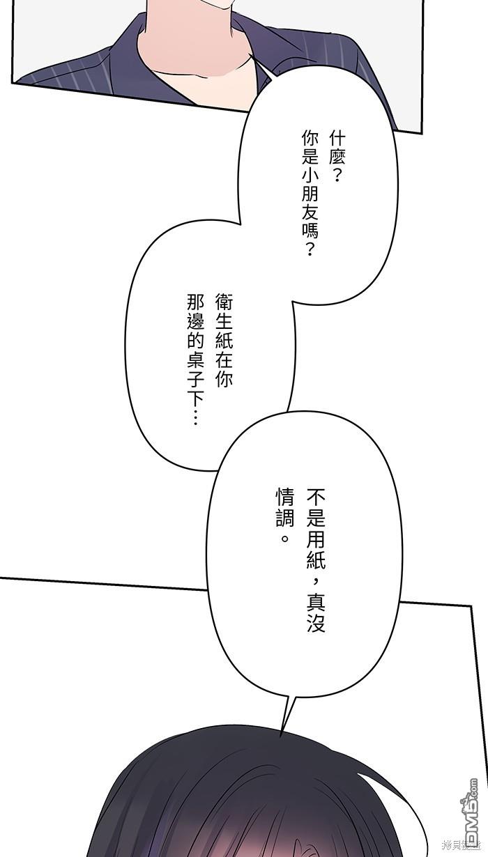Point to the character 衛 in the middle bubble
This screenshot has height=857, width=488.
(224, 302)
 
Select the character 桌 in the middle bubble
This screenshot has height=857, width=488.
(195, 360)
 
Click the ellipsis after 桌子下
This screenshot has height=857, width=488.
(195, 418)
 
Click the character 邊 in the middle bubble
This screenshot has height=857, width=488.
(195, 322)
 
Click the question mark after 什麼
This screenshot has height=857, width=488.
(337, 176)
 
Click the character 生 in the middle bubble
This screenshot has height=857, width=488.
(224, 322)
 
